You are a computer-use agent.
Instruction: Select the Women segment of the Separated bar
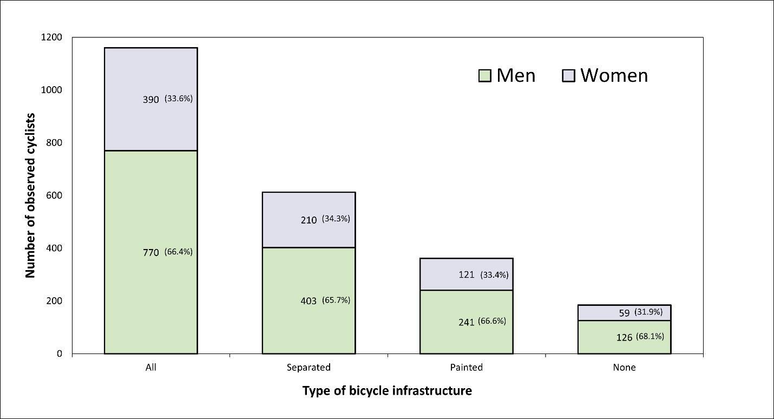click(x=309, y=206)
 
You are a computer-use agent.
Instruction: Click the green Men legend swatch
click(x=484, y=75)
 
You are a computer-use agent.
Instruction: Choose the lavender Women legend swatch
click(x=569, y=75)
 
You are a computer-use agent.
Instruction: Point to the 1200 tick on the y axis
click(x=51, y=37)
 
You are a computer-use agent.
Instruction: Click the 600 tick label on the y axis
click(x=51, y=195)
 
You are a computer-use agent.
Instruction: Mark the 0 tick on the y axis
click(x=59, y=353)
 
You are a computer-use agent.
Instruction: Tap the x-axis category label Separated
click(x=309, y=367)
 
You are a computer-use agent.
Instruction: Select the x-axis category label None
click(x=624, y=367)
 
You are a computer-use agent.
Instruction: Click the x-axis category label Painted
click(x=466, y=367)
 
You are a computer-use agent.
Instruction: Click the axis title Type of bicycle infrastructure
click(x=387, y=390)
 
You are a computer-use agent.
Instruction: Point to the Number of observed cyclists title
click(x=30, y=195)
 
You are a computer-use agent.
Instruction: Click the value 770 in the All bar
click(x=150, y=252)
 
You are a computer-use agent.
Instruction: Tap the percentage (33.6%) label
click(x=179, y=99)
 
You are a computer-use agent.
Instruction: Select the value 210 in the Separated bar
click(x=309, y=220)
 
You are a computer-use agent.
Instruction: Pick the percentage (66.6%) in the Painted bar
click(x=492, y=321)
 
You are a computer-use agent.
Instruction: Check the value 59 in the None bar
click(x=624, y=313)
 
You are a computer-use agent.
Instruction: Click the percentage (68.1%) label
click(x=650, y=336)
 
